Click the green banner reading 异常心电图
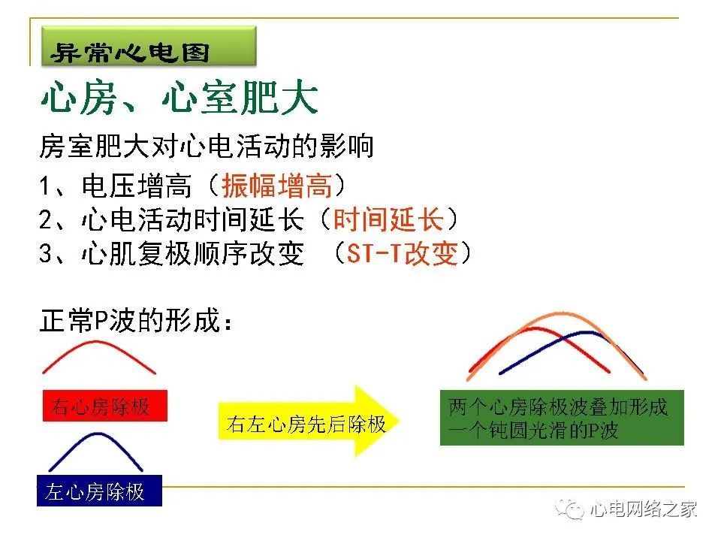click(x=149, y=46)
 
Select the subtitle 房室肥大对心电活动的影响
click(x=206, y=147)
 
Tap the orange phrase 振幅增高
click(x=277, y=186)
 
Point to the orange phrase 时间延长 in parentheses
click(x=388, y=219)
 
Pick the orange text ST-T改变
click(x=402, y=253)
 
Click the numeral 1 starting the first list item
click(x=44, y=186)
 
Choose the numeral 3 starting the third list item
click(x=46, y=253)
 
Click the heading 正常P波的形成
click(x=136, y=320)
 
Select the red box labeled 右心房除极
click(x=105, y=406)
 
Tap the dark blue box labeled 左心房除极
click(x=99, y=491)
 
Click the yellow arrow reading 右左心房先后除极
click(x=309, y=421)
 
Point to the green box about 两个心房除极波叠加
click(x=562, y=418)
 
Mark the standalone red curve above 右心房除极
click(x=97, y=342)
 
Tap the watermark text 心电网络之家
click(x=644, y=509)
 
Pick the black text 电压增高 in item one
click(x=136, y=186)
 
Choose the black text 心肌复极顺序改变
click(x=193, y=253)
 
